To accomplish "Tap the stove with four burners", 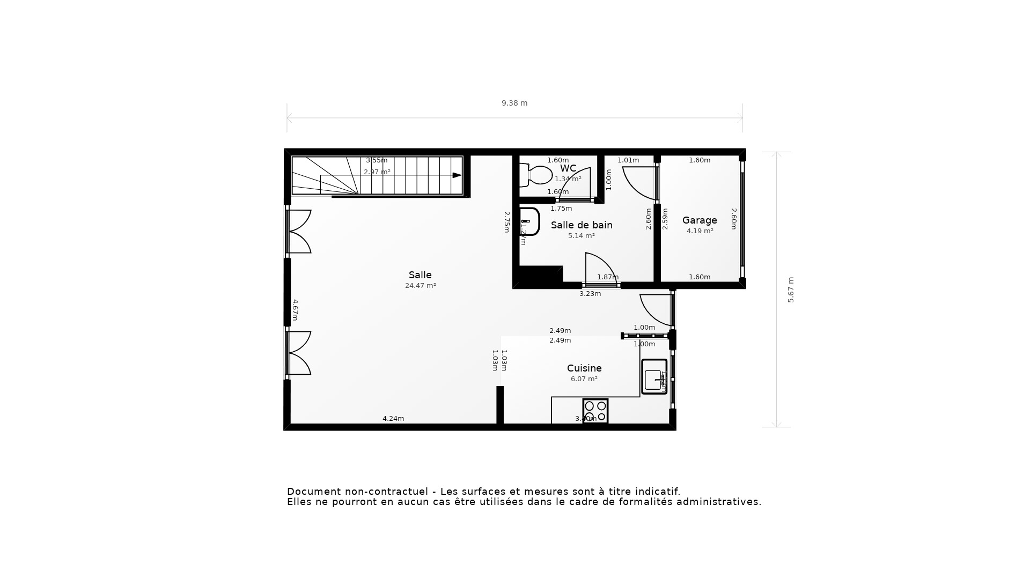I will coord(595,411).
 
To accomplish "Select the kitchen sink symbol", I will coord(654,377).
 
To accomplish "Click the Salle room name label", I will coord(420,275).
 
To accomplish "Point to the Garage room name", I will coord(700,220).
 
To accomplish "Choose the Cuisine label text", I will coord(584,368).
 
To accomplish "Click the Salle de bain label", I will coord(582,225).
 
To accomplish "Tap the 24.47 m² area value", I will coord(420,286).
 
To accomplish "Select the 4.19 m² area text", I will coord(700,231).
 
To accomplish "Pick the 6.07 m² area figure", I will coord(584,379).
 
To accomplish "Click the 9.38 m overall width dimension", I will coord(514,103).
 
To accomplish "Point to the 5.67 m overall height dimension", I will coord(791,289).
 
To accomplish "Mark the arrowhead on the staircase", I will coord(457,175).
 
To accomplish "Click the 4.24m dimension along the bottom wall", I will coord(393,419).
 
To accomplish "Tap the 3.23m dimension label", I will coord(590,294).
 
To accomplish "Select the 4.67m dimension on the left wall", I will coord(295,310).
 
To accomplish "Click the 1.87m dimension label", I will coord(608,277).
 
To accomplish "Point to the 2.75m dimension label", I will coord(506,222).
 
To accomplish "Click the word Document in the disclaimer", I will coord(314,492).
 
